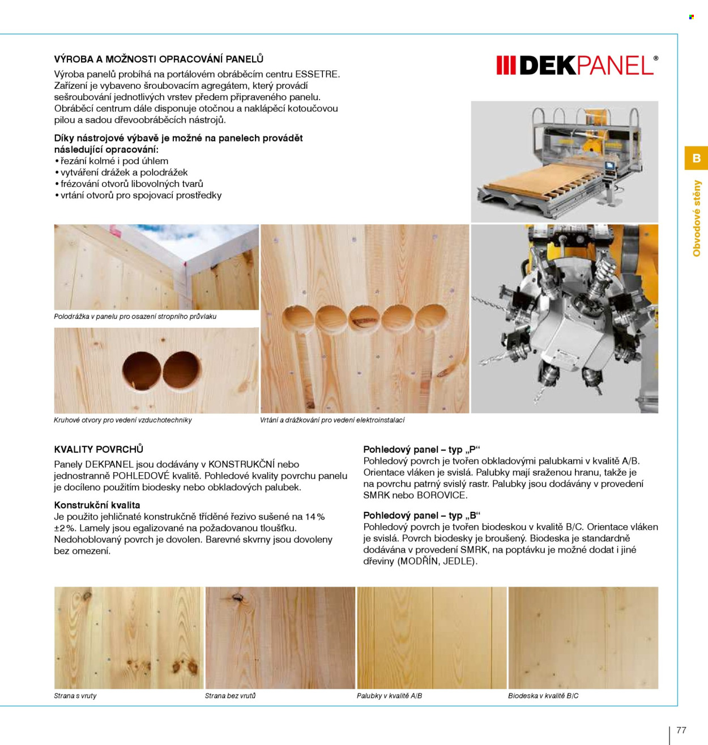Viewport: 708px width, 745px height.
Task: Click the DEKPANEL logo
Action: [x=577, y=65]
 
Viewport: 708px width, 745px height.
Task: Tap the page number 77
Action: [x=681, y=730]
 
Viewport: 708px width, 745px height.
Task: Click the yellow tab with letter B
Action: [x=696, y=158]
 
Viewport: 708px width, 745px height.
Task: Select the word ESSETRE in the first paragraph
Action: [x=317, y=74]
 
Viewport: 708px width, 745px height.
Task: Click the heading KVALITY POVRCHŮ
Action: [x=99, y=449]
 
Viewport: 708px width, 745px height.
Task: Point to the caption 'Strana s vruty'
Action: [x=75, y=696]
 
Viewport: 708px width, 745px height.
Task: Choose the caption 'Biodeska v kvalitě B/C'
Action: [x=543, y=696]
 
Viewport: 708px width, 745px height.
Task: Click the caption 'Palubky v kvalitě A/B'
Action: [x=389, y=696]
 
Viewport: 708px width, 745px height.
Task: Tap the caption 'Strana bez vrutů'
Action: [x=230, y=696]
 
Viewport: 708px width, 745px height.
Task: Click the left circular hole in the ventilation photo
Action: [x=142, y=371]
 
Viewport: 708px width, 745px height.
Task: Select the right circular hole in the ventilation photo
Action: [x=182, y=370]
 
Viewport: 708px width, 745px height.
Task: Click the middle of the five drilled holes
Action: [x=364, y=319]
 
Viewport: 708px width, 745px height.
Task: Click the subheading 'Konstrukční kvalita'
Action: [x=97, y=505]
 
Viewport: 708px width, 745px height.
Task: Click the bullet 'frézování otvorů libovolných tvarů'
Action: [x=129, y=184]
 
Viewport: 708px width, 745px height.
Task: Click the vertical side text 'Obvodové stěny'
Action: [x=697, y=219]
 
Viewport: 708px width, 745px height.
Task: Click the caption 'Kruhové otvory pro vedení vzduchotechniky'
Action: [x=123, y=420]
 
